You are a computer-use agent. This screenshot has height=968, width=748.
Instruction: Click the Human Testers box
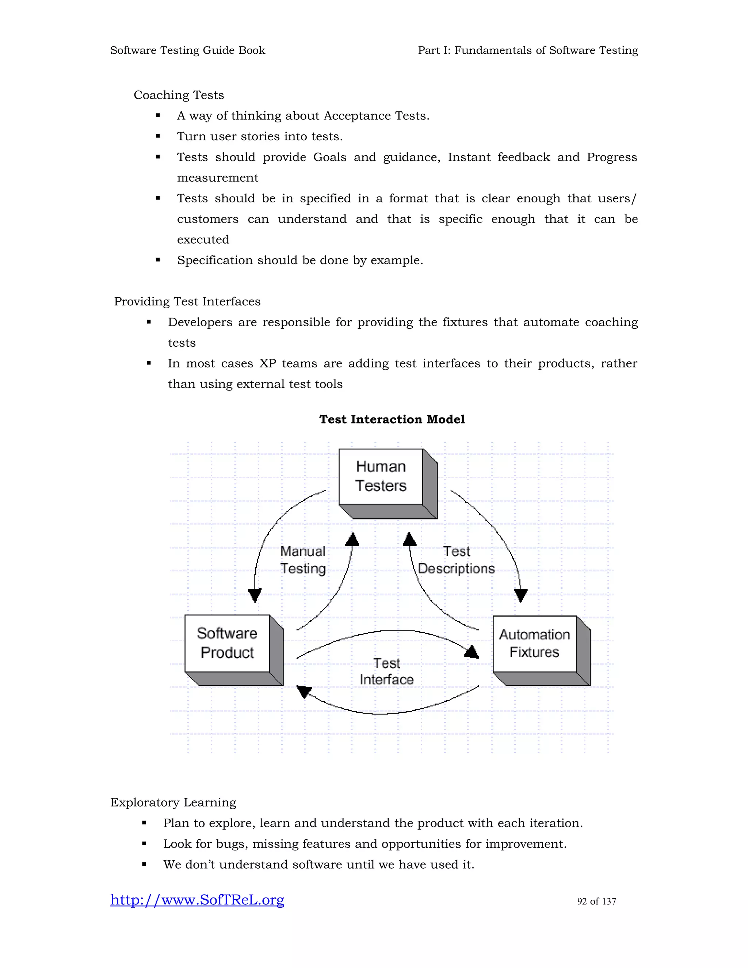[381, 477]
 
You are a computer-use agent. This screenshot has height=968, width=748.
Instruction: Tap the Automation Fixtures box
[534, 644]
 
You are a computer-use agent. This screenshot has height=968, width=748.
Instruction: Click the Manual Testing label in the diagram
[303, 560]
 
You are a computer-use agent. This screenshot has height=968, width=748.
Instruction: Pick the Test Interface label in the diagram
[386, 671]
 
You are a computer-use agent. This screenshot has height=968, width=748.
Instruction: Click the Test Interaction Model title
[392, 419]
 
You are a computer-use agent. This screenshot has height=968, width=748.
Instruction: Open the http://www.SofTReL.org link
[197, 900]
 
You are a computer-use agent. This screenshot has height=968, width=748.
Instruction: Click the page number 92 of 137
[596, 902]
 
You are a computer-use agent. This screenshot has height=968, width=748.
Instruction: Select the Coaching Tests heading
[179, 95]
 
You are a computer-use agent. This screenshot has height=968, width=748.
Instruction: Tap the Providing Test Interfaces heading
[187, 301]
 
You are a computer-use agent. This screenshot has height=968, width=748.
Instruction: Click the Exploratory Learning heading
[173, 802]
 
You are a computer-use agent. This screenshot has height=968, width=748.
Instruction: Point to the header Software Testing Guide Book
[187, 50]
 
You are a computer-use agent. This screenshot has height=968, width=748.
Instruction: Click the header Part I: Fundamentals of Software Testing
[528, 50]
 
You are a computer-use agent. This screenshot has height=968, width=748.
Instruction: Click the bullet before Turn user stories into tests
[158, 137]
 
